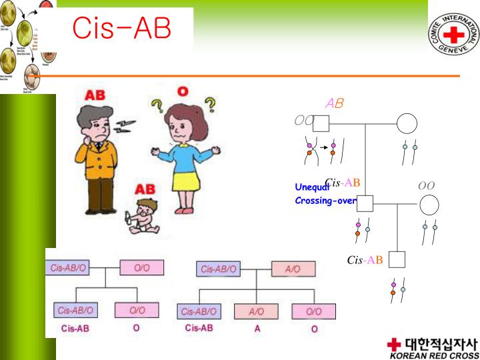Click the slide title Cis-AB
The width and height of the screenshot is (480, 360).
(x=121, y=28)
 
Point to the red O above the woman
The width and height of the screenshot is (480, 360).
(x=183, y=91)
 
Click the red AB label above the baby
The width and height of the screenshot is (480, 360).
(x=148, y=189)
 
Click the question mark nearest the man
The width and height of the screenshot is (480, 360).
(x=157, y=107)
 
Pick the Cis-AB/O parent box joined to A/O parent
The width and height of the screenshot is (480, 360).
(x=218, y=269)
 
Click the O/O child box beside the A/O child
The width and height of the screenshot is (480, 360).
(x=313, y=311)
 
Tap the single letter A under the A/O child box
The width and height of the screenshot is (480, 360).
(x=257, y=328)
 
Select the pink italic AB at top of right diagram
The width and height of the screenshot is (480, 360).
(x=334, y=103)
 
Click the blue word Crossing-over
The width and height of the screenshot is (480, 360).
(x=325, y=201)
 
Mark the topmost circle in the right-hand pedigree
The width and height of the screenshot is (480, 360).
(x=407, y=123)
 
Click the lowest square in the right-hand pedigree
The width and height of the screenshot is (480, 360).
(x=397, y=260)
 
